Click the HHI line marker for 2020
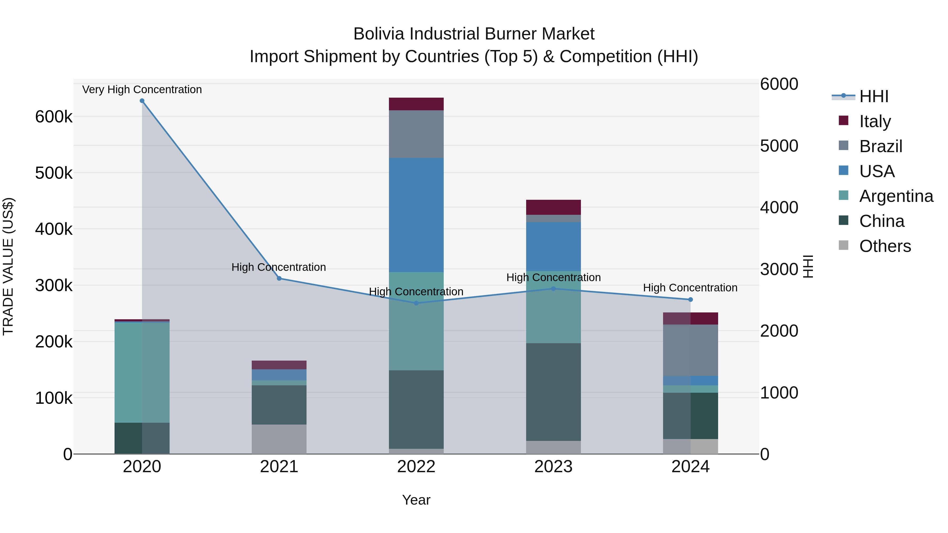(x=142, y=101)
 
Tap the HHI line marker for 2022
(x=416, y=303)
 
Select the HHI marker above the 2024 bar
(x=690, y=300)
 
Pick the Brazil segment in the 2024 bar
(x=690, y=350)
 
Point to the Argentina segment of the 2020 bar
(x=142, y=372)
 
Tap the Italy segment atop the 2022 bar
(x=416, y=104)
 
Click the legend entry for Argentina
(x=896, y=196)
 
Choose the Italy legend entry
(x=875, y=121)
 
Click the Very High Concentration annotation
(x=142, y=89)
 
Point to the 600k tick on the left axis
(x=54, y=117)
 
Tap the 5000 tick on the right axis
(x=779, y=146)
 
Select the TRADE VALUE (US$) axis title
(x=8, y=266)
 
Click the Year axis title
(x=416, y=500)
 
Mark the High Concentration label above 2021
(x=279, y=267)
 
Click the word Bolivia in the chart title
(x=379, y=34)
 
